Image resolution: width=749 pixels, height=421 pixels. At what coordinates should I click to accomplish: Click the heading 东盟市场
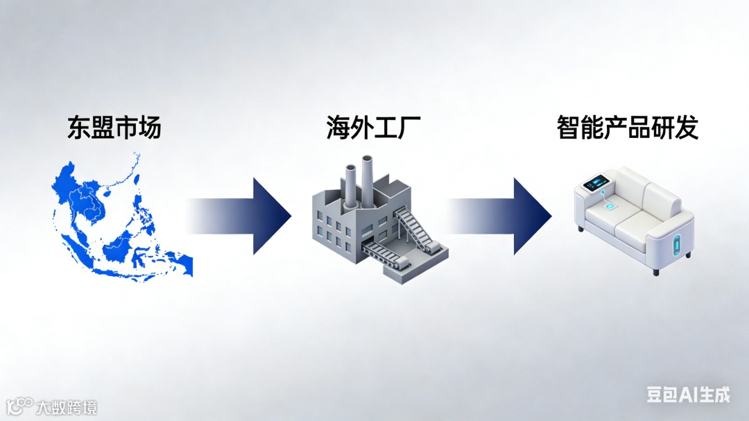coord(114,128)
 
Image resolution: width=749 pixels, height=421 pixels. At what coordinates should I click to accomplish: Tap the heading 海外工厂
coord(374,128)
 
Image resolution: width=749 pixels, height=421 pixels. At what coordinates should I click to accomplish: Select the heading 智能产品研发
coord(627,128)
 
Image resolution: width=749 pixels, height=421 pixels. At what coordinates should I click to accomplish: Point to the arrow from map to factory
coord(239,216)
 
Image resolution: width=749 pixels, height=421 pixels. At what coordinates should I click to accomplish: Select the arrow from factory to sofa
coord(499,216)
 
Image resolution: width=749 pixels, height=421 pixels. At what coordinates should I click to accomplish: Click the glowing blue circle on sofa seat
coord(612,206)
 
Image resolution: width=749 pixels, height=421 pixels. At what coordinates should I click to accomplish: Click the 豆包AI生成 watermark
coord(688,395)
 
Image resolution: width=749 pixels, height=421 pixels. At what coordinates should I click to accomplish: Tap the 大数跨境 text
coord(67,406)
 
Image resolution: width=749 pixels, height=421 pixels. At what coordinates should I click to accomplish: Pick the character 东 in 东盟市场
coord(79,128)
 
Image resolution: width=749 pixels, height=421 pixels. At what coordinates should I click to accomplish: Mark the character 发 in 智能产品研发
coord(686,128)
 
